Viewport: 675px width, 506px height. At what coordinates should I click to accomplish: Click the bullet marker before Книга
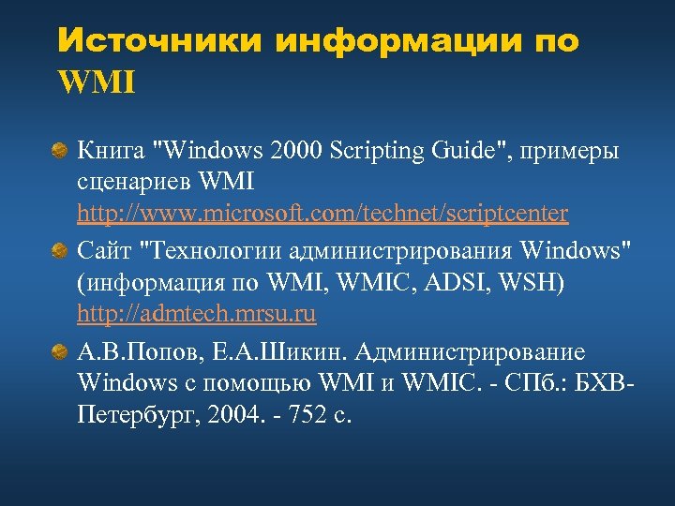pos(59,150)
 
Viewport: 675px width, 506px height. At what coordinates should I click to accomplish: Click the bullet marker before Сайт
pos(59,250)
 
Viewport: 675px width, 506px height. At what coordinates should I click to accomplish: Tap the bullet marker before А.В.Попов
pos(59,352)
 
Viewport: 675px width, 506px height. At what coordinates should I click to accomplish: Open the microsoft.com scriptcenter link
pos(322,214)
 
